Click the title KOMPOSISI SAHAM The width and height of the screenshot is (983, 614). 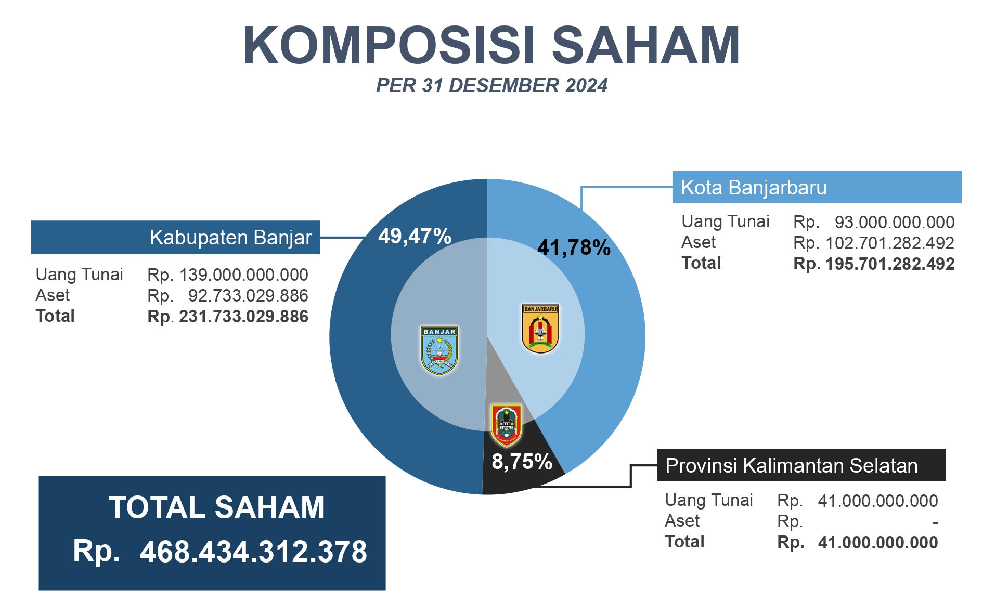tap(491, 46)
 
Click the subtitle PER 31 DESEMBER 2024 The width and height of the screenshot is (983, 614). tap(491, 86)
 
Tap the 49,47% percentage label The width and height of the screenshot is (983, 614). tap(415, 237)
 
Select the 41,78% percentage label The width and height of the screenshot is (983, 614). tap(574, 248)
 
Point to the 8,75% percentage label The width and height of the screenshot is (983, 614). tap(522, 462)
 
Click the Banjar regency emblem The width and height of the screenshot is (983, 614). tap(439, 350)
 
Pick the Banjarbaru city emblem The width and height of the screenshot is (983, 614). tap(540, 329)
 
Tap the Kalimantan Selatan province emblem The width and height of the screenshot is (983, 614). tap(506, 425)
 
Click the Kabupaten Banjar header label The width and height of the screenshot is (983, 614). tap(230, 238)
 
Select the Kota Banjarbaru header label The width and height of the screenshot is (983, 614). tap(754, 188)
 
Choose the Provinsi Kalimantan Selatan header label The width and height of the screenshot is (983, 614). tap(791, 466)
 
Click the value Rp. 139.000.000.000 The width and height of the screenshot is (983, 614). tap(228, 275)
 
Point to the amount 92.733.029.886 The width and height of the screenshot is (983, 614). tap(248, 296)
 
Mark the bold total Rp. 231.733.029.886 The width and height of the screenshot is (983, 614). tap(228, 317)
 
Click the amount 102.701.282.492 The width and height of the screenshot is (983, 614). tap(889, 243)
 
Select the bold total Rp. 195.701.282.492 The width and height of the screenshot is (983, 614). tap(874, 264)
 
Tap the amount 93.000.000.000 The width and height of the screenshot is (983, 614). tap(895, 223)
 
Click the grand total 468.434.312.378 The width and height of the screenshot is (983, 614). tap(253, 552)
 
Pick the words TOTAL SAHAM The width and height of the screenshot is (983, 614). tap(216, 507)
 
